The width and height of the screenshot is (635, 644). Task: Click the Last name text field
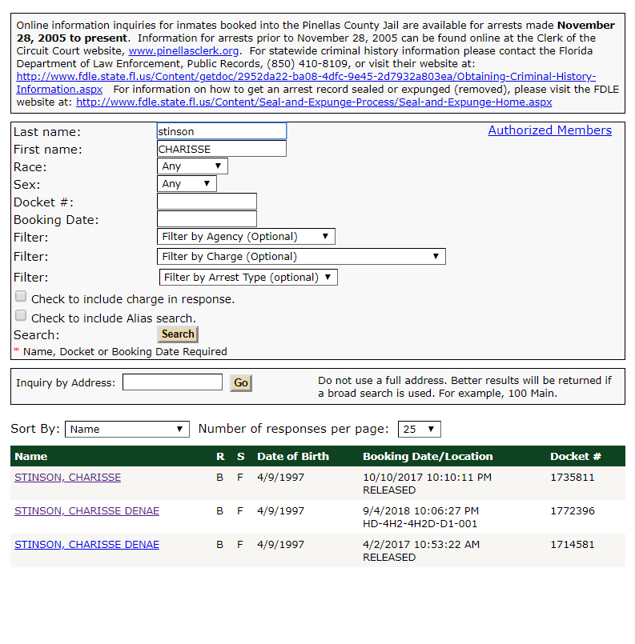point(222,131)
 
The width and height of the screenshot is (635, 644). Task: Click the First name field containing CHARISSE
point(222,149)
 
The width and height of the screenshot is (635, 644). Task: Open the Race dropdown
point(192,166)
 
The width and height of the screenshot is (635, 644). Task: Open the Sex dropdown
point(187,184)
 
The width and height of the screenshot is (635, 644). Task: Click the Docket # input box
point(207,202)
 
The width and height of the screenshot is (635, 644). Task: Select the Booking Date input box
point(207,219)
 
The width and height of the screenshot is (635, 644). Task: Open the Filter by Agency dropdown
point(246,237)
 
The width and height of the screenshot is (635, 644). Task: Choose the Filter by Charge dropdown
point(301,257)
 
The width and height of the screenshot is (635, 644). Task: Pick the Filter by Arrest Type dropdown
point(248,278)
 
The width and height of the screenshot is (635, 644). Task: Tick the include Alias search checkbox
point(21,316)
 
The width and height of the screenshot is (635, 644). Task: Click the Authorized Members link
point(549,130)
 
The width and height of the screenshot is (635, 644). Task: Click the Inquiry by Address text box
point(172,382)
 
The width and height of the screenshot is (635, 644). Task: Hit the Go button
point(241,383)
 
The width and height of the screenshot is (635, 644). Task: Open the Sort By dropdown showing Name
point(127,430)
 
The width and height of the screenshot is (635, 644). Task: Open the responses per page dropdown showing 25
point(420,430)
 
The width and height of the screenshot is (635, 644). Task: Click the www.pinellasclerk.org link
point(184,50)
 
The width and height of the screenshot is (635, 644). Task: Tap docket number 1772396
point(573,511)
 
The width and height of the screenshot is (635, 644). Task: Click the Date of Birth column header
point(293,457)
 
